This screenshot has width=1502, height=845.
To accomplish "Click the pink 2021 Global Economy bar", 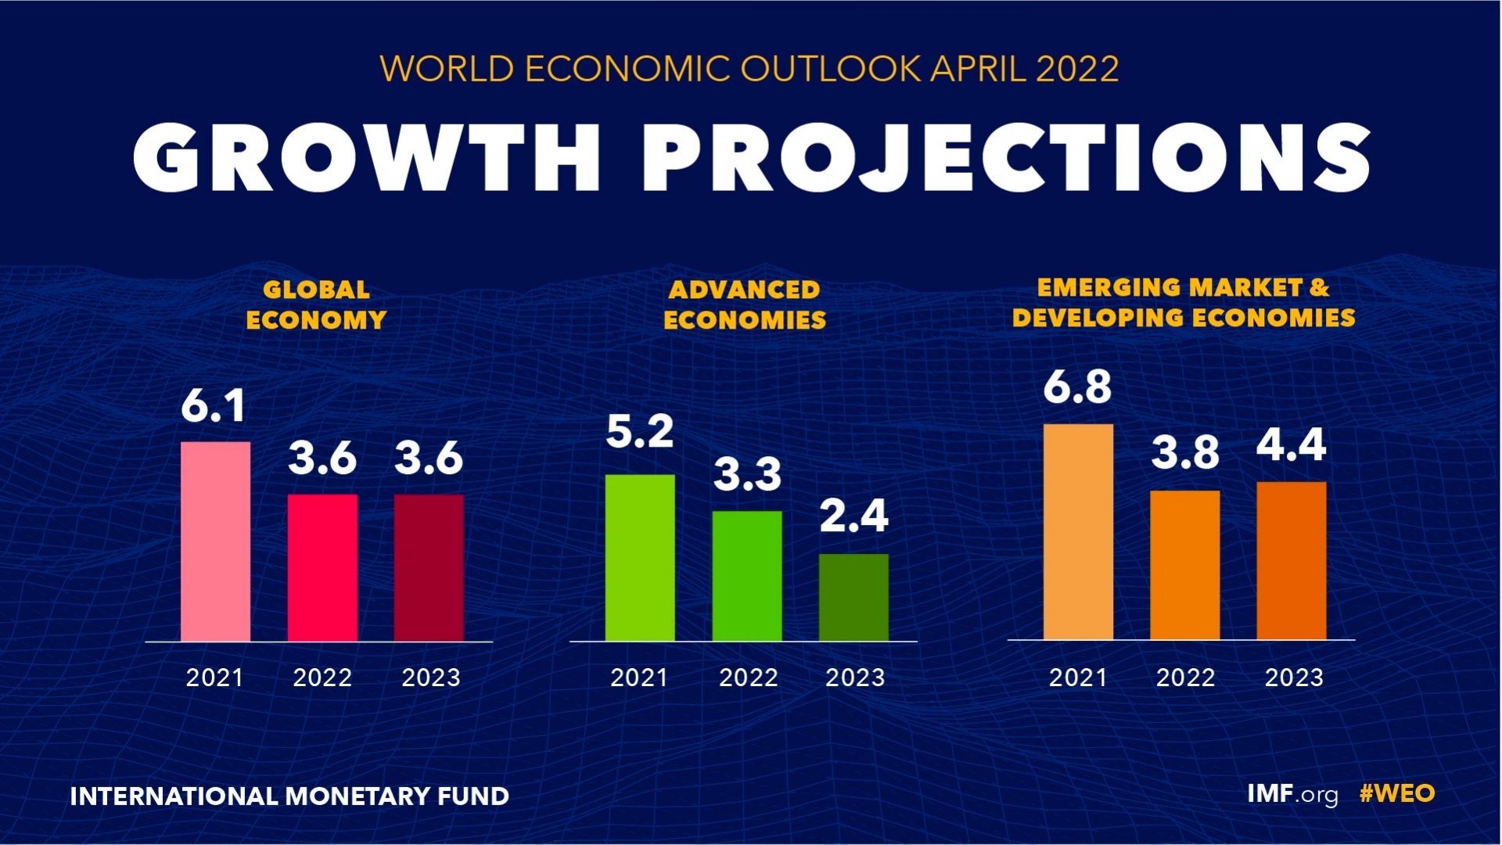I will pos(215,541).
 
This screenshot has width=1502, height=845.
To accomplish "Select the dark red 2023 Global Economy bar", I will pos(429,567).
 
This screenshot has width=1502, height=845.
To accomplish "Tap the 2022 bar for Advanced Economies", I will pos(747,576).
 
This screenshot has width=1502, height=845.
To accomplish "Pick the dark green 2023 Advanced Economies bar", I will pos(853,597).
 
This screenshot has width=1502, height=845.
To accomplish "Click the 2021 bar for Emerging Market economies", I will pos(1078,532).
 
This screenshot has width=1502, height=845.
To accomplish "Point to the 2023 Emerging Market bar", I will pos(1292,560).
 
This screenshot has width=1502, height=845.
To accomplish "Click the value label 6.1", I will pos(213,407).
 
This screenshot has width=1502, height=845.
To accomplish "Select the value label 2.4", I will pos(853,516).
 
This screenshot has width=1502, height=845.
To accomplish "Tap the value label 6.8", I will pos(1077,387).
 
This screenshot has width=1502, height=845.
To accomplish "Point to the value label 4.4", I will pos(1292,445).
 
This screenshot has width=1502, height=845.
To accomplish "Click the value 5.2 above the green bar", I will pos(640,433).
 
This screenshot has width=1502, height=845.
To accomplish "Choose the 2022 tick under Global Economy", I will pos(322,678).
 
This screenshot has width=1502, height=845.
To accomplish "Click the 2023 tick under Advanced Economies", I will pos(855,678).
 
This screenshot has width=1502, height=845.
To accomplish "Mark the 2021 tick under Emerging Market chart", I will pos(1078,678).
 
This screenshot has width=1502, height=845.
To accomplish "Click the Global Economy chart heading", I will pos(316,304).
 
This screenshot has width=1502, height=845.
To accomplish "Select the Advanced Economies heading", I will pos(744,304).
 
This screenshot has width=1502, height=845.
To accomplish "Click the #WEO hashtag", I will pos(1397,794).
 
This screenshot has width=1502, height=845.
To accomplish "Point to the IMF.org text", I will pos(1292,794).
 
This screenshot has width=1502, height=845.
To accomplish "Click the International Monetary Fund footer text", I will pos(289,796).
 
